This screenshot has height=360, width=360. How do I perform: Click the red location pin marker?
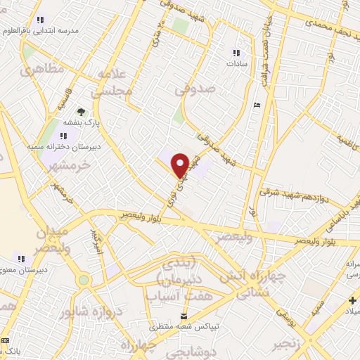point(181,165)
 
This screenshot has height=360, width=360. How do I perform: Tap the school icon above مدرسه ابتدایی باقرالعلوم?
point(40,20)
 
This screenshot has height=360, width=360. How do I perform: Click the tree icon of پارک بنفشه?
point(82,111)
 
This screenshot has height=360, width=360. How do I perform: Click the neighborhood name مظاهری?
point(42,70)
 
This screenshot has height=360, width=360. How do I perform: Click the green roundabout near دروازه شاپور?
point(84,280)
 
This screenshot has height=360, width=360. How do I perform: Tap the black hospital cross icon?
point(352,300)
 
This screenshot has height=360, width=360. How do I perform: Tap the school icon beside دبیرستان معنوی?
point(22,258)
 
